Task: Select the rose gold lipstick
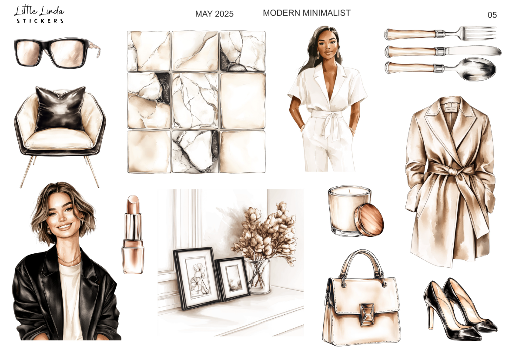tap(133, 234)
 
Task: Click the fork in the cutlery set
tap(440, 34)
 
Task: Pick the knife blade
tap(473, 50)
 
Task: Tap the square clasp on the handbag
tap(367, 315)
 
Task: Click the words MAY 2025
tap(214, 14)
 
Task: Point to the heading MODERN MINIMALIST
tap(307, 13)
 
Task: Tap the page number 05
tap(492, 15)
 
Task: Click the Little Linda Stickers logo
tap(39, 15)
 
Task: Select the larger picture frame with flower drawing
tap(197, 278)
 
